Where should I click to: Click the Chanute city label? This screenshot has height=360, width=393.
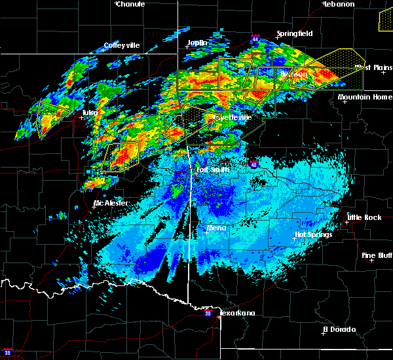point(130,4)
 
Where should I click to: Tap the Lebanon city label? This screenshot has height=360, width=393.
point(339,4)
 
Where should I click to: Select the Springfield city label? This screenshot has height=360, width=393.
point(294,33)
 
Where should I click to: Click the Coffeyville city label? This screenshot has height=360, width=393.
point(122,46)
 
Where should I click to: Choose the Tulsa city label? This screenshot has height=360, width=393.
point(90,113)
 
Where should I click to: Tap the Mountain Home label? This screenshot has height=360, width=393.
point(364,97)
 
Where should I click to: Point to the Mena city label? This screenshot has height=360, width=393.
point(216,228)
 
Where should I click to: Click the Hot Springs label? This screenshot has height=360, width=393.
point(314,234)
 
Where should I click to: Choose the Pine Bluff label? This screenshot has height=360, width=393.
point(377,255)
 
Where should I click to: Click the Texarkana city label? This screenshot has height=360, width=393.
point(237,313)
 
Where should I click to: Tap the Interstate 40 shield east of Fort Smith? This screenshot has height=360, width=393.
point(254,165)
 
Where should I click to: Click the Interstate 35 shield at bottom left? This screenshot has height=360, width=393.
point(8,352)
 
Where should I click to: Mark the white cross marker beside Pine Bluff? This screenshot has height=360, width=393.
point(371,261)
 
